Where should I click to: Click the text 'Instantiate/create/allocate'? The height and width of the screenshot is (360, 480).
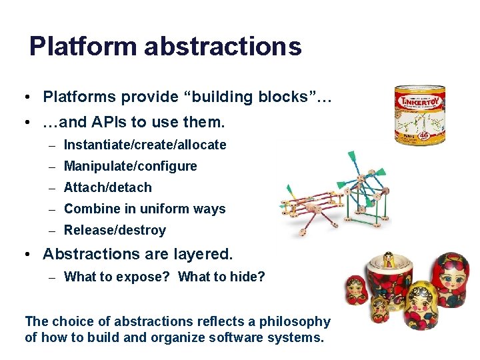tap(145, 145)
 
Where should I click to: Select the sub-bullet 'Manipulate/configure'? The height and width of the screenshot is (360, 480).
tap(130, 166)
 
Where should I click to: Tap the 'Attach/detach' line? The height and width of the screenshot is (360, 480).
tap(107, 187)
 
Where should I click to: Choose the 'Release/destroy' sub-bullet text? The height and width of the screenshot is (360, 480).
tap(115, 230)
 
